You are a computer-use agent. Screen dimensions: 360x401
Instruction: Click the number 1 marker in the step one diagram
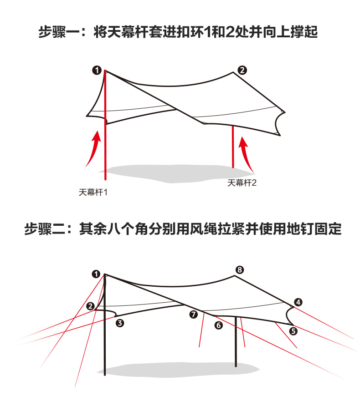tap(96, 70)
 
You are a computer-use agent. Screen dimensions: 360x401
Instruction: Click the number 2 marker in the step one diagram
tap(242, 70)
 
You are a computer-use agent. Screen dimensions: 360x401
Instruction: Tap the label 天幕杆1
tap(93, 192)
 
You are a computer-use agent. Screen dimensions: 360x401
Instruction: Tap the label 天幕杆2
tap(242, 183)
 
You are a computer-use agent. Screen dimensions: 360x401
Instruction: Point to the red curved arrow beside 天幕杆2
tap(247, 154)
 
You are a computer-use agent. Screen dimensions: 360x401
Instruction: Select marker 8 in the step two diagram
tap(240, 269)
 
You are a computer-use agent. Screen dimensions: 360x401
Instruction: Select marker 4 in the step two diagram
tap(298, 302)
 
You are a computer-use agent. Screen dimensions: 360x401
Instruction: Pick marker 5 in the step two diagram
tap(293, 331)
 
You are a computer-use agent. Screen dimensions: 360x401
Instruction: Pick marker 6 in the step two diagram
tap(218, 325)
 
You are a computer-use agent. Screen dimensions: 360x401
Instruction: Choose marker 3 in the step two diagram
tap(120, 323)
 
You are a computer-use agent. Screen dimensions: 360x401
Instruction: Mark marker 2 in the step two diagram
tap(91, 306)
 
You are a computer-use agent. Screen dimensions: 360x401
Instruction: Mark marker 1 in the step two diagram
tap(96, 274)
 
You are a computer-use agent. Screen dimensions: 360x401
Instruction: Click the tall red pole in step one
tap(106, 137)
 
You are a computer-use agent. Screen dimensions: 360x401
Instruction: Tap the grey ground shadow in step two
tap(173, 369)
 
